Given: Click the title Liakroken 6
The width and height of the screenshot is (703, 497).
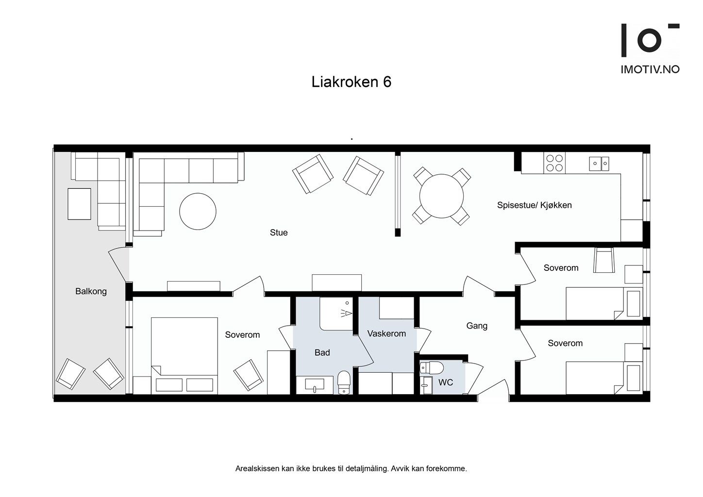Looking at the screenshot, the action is pyautogui.click(x=351, y=82).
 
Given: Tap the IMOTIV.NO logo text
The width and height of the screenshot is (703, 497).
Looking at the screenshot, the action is pyautogui.click(x=650, y=69).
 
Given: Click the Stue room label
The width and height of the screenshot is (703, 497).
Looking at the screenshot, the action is pyautogui.click(x=279, y=232).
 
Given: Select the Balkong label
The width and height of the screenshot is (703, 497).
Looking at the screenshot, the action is pyautogui.click(x=91, y=292).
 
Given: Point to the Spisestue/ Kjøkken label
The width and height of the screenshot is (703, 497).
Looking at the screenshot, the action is pyautogui.click(x=535, y=205).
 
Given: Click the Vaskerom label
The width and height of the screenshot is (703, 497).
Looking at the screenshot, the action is pyautogui.click(x=386, y=333).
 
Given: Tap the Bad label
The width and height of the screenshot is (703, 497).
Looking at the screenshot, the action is pyautogui.click(x=322, y=353).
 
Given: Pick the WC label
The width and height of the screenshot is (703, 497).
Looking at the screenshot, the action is pyautogui.click(x=446, y=382).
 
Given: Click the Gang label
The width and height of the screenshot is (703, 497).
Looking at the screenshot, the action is pyautogui.click(x=477, y=326).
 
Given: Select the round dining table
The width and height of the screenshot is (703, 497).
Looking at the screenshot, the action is pyautogui.click(x=441, y=196).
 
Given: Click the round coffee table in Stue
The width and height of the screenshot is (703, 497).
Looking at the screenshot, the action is pyautogui.click(x=198, y=211).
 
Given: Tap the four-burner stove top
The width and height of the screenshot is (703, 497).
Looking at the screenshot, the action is pyautogui.click(x=554, y=163).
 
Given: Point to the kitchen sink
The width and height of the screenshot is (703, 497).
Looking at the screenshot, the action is pyautogui.click(x=599, y=164).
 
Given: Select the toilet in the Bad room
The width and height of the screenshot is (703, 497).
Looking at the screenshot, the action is pyautogui.click(x=344, y=382).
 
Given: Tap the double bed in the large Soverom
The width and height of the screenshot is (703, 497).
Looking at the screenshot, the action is pyautogui.click(x=184, y=356).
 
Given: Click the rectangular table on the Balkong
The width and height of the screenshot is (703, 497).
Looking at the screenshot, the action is pyautogui.click(x=80, y=204).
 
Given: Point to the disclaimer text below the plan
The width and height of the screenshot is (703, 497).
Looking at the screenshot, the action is pyautogui.click(x=351, y=469).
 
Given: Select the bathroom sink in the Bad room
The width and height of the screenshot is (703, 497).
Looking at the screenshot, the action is pyautogui.click(x=315, y=385).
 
